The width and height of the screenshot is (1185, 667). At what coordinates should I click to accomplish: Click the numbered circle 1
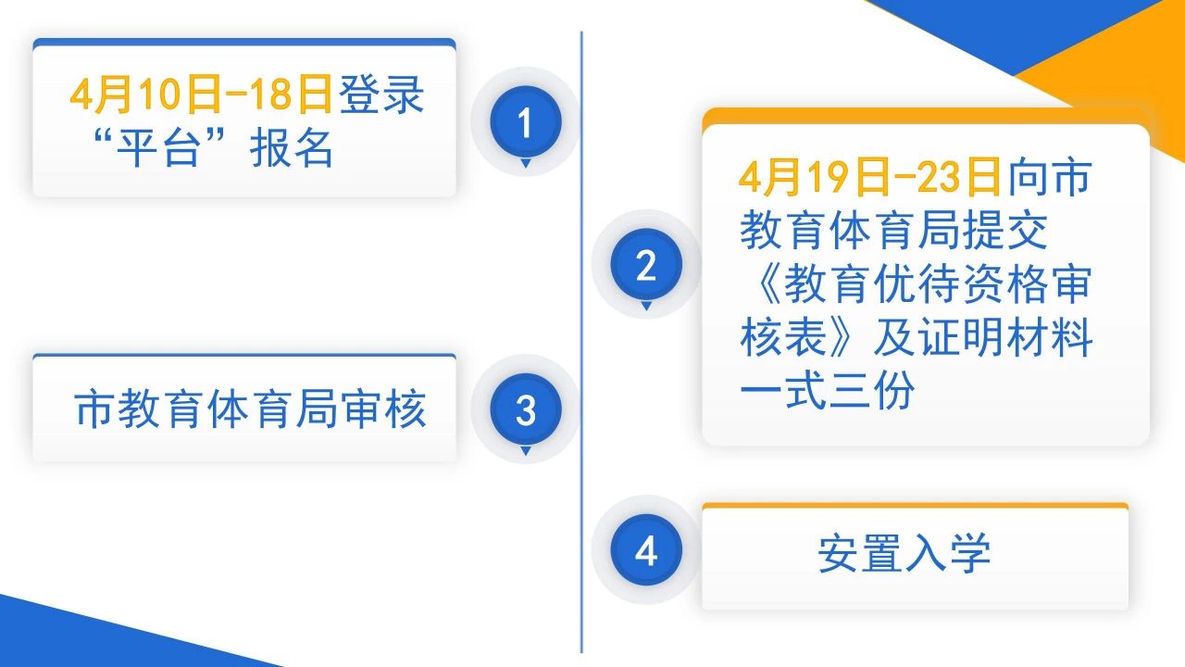(x=525, y=121)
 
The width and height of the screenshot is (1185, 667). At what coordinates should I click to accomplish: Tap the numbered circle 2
(x=646, y=264)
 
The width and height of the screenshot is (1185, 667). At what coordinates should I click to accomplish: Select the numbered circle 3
(x=525, y=409)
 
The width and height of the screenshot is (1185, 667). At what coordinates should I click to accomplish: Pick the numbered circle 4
(x=646, y=550)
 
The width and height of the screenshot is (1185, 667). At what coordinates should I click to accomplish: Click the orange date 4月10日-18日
(x=201, y=94)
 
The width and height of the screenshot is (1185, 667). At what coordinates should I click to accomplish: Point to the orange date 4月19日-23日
(x=869, y=176)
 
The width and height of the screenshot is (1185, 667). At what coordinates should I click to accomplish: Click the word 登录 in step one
(x=380, y=94)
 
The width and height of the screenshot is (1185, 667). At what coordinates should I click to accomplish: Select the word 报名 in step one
(x=292, y=147)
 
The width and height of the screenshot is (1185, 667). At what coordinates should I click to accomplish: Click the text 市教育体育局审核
(x=250, y=409)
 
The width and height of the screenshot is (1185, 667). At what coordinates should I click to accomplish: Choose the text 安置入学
(x=904, y=553)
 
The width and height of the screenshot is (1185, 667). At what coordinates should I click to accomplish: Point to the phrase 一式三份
(x=827, y=391)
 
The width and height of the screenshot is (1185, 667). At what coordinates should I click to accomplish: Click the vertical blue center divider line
(x=581, y=342)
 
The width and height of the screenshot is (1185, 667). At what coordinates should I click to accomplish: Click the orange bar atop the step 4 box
(x=916, y=506)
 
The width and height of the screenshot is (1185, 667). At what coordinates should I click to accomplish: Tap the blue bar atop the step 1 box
(x=244, y=43)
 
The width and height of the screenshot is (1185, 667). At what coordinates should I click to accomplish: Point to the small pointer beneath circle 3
(x=525, y=450)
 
